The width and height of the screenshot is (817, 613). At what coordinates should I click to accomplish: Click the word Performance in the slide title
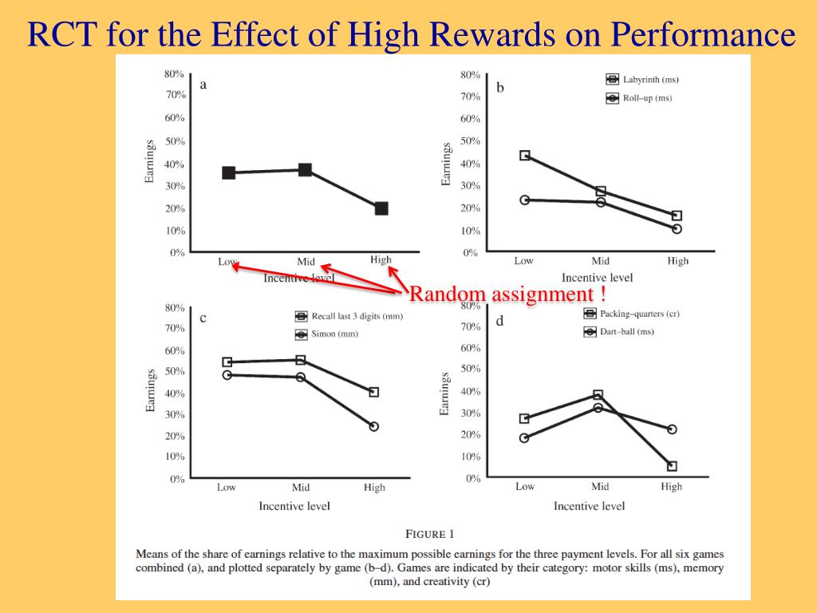pos(703,34)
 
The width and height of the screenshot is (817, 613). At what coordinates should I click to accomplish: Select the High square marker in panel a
pos(381,208)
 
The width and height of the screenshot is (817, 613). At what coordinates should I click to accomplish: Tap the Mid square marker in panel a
pos(305,169)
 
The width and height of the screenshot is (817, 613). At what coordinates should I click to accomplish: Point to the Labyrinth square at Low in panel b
pos(525,156)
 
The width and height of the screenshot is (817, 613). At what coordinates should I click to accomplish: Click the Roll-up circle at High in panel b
pos(677,228)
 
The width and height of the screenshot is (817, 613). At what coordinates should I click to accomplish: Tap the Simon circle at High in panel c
pos(374,426)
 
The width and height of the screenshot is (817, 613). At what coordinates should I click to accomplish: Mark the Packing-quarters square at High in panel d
pos(672,466)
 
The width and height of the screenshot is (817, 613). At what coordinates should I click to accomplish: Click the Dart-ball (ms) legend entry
pos(626,331)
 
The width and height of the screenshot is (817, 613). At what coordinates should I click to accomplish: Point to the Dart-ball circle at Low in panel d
pos(524,437)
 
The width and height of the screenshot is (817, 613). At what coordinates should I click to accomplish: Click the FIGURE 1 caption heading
pos(430,534)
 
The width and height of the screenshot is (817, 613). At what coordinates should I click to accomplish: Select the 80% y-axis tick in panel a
pos(175,73)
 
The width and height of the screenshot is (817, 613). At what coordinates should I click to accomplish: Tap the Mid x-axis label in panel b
pos(600,261)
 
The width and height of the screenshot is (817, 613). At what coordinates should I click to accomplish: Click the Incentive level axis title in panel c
pos(294,506)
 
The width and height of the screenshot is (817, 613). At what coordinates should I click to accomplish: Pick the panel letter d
pos(499,322)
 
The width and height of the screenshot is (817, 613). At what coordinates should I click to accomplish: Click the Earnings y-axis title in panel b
pos(446,164)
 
